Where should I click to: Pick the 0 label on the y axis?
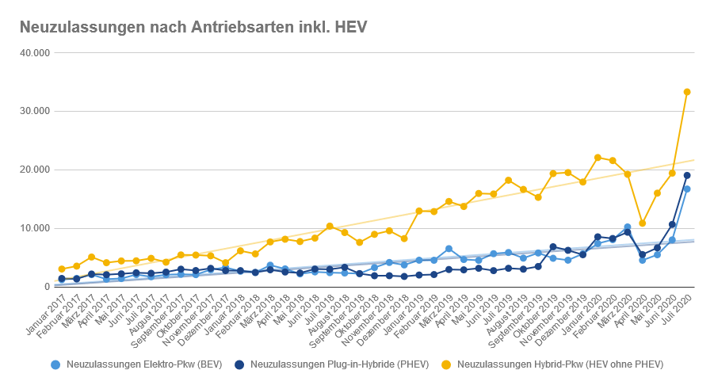(47, 287)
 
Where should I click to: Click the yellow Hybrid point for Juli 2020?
(687, 92)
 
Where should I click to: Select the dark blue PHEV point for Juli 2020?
(687, 175)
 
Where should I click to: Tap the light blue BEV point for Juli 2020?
(687, 189)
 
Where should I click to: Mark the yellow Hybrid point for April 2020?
(642, 223)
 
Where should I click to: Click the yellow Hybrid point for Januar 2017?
(62, 269)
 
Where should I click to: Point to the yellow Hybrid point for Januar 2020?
(598, 158)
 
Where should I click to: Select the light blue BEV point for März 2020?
(627, 227)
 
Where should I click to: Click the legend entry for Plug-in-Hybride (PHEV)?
(340, 364)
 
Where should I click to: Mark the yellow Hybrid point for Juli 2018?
(330, 227)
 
